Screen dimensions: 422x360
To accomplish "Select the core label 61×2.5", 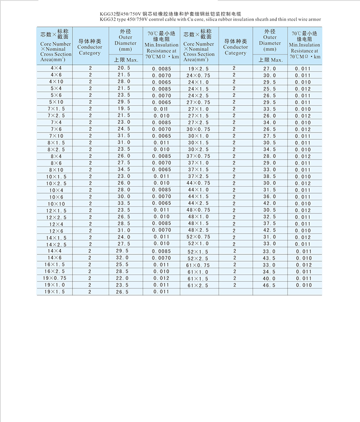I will tap(198, 285).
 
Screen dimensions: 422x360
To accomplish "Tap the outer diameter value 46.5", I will tap(269, 285).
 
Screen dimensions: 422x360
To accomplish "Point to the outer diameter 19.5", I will tap(123, 109).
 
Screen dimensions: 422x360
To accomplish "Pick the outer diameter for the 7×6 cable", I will tap(123, 129).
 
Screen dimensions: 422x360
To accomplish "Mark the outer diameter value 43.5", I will tap(269, 258).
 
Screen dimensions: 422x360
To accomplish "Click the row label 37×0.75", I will tap(198, 156).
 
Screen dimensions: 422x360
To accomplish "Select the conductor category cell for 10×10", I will tap(90, 204).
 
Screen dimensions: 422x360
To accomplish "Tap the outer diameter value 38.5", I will tap(269, 176).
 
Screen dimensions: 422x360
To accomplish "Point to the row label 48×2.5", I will tap(198, 230).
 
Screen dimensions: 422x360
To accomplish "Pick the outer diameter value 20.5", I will tap(123, 69).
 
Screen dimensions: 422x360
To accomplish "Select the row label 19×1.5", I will tap(55, 291).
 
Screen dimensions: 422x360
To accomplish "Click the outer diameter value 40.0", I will tap(269, 278).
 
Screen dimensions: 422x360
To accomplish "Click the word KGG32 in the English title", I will tap(109, 20).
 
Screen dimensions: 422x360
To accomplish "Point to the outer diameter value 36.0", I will tap(269, 196).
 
